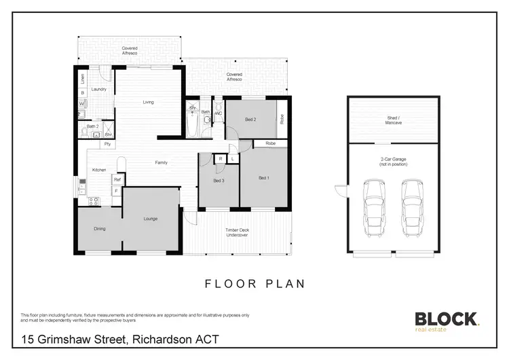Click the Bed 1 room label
(264, 178)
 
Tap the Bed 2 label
(250, 120)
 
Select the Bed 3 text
(218, 181)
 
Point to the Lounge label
(151, 219)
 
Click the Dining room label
(100, 229)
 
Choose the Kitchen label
(99, 169)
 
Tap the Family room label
(162, 162)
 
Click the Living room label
(148, 103)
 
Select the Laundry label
(99, 89)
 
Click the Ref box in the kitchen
(117, 179)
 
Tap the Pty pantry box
(107, 144)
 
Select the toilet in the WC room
(218, 119)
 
